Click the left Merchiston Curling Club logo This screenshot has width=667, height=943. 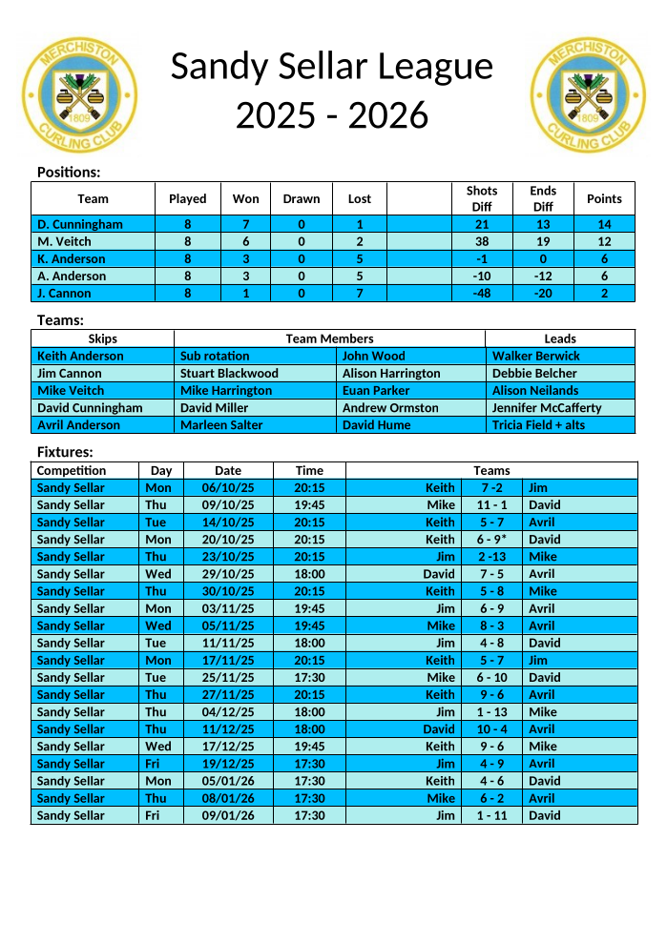tap(79, 95)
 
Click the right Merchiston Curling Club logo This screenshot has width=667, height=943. tap(589, 95)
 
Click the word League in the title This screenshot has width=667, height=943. tap(434, 67)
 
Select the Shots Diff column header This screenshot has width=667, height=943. tap(482, 198)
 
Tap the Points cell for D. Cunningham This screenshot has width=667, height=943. tap(604, 224)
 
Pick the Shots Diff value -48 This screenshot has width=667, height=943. tap(482, 294)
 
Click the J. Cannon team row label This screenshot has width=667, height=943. tap(64, 294)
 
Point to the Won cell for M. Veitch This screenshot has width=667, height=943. tap(245, 242)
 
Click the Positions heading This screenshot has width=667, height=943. tap(69, 173)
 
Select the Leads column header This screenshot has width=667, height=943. tap(560, 338)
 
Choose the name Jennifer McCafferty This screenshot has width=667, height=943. tap(547, 408)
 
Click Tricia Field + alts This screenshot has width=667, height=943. tap(538, 425)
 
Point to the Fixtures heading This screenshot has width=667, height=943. tap(65, 452)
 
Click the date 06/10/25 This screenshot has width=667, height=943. tap(228, 488)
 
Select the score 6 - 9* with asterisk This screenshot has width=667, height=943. tap(492, 540)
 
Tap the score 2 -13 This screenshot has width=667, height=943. tap(492, 557)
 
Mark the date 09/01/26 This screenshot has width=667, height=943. tap(228, 815)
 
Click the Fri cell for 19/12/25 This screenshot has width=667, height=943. tap(152, 764)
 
